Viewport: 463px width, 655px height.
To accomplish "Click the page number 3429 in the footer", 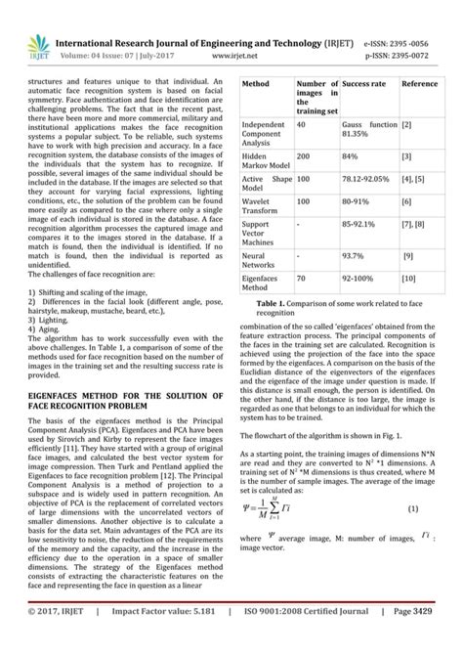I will [x=440, y=637].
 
